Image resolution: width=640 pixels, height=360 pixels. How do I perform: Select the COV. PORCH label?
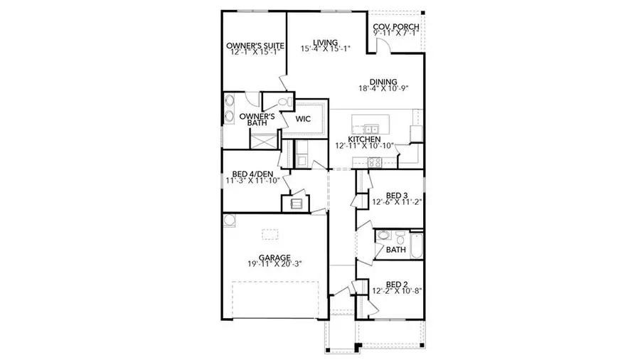coord(396,28)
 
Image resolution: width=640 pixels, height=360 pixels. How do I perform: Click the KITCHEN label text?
coord(364,139)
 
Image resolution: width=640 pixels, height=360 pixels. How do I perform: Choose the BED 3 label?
coord(396,195)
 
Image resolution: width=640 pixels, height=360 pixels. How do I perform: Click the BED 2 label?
coord(396,282)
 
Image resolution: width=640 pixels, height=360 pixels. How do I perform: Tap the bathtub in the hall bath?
coord(415,245)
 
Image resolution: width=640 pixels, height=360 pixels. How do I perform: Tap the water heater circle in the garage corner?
coord(230,221)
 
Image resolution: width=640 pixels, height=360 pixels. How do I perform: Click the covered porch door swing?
coord(383,47)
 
